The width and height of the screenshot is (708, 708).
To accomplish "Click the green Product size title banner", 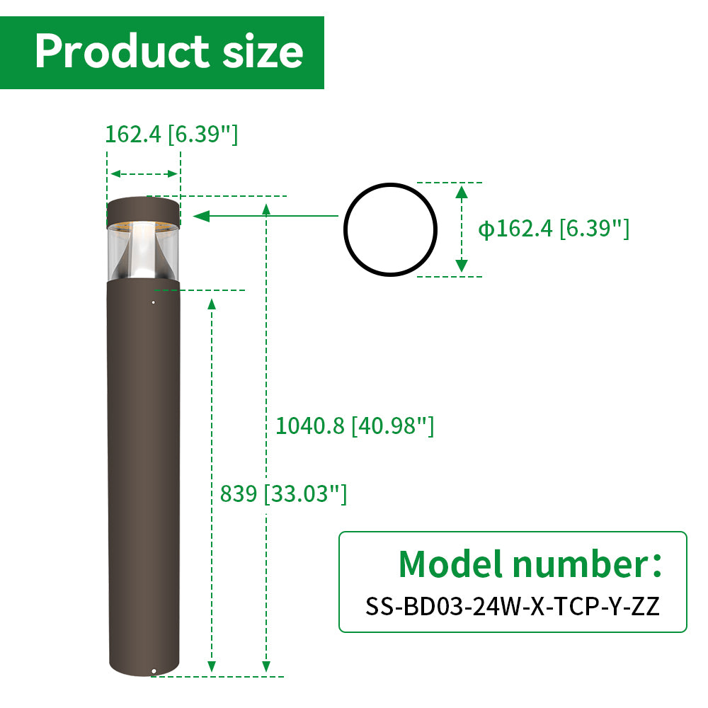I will tap(161, 52).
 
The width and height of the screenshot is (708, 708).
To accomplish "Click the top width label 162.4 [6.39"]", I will tap(171, 134).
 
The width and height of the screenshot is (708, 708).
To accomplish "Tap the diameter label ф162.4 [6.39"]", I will tap(554, 229).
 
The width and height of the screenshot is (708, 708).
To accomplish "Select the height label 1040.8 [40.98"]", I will tap(354, 426).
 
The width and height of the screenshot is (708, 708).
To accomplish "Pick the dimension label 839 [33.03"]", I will tap(283, 493).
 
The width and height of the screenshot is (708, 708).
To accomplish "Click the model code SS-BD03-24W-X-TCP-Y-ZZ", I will tap(513, 606).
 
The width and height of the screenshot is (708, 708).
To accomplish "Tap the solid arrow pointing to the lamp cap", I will tap(205, 216).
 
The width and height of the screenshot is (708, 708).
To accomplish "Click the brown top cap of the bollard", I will tap(143, 210).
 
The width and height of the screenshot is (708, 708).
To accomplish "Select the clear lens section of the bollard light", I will tap(143, 251).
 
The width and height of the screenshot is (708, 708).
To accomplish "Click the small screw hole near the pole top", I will tap(153, 302).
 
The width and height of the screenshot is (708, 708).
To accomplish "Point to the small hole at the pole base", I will tap(154, 670).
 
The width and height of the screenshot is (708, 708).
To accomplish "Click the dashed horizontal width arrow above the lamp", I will tap(144, 173).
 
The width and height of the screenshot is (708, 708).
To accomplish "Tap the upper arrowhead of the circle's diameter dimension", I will tap(462, 191).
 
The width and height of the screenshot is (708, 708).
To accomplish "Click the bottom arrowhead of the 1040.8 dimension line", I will tap(266, 666).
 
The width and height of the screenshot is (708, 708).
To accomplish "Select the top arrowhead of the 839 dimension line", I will tap(212, 303).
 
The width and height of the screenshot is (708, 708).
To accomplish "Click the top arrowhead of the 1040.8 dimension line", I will tap(266, 207).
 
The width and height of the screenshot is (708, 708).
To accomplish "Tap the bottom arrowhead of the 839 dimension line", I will tap(212, 666).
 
